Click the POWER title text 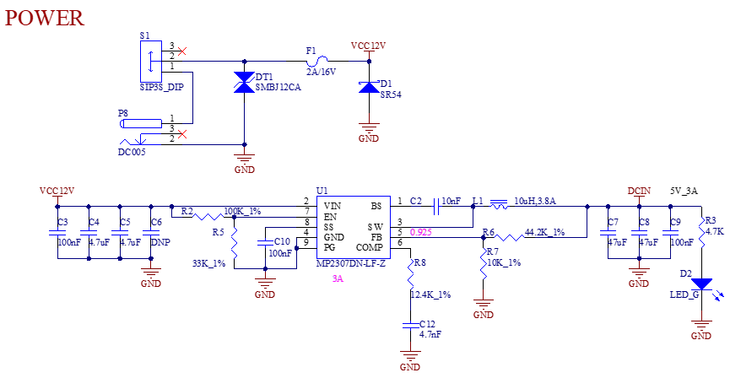click(45, 18)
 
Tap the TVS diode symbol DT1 click(245, 83)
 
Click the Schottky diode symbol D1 click(369, 87)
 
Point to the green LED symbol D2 click(701, 284)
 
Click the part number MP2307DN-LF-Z click(350, 264)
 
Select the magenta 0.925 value click(421, 232)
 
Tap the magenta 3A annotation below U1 click(338, 279)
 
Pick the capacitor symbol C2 click(436, 206)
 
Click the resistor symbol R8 click(411, 273)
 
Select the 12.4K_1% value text click(430, 294)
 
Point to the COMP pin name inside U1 click(369, 247)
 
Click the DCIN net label click(639, 191)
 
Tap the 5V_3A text click(684, 191)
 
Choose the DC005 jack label click(132, 152)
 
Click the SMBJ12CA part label click(278, 87)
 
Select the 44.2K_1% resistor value click(544, 232)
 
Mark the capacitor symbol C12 click(410, 326)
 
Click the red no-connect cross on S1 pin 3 click(182, 51)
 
